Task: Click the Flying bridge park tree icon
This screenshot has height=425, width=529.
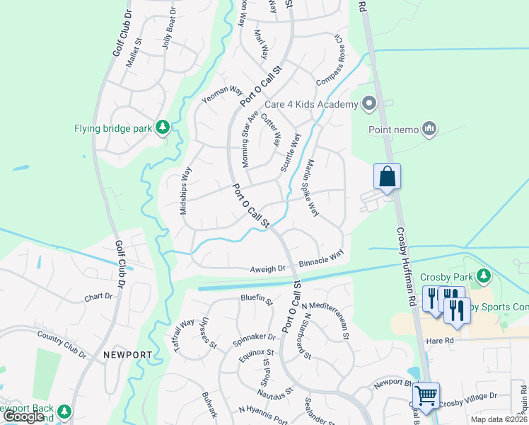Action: (x=163, y=127)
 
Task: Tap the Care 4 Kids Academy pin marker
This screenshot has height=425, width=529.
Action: (x=368, y=105)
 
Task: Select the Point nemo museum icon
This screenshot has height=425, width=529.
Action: (x=429, y=129)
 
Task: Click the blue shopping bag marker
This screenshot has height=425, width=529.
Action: (x=387, y=176)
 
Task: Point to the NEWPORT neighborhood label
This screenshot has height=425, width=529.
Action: (x=127, y=354)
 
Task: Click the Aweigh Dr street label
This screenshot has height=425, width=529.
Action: (x=267, y=269)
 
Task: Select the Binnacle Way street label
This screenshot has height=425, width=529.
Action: (x=321, y=257)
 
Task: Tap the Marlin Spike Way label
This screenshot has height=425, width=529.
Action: (x=310, y=188)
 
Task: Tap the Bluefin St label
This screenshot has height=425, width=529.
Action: (x=256, y=300)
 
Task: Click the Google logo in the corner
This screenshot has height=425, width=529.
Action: (x=24, y=416)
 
